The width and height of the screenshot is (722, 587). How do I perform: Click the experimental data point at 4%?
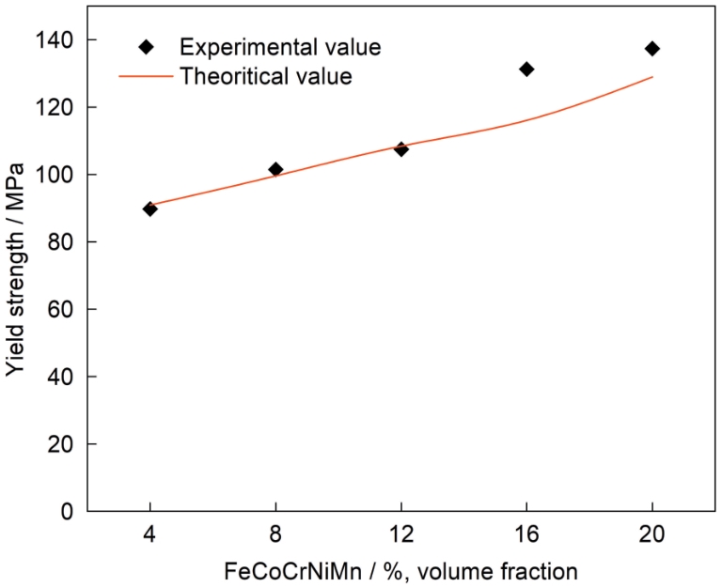(149, 209)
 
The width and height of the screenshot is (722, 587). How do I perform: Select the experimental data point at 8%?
(275, 169)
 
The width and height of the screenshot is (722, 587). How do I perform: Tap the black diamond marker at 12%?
(401, 148)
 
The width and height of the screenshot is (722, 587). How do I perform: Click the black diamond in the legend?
(146, 47)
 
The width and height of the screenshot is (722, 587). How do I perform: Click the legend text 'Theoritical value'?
(265, 76)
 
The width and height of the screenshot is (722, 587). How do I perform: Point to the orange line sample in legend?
(146, 76)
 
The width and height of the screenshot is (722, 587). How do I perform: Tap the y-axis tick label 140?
(58, 40)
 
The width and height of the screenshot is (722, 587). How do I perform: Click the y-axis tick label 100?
(58, 175)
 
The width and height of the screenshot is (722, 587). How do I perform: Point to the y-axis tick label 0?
(69, 512)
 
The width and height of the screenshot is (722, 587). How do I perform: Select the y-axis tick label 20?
(63, 444)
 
